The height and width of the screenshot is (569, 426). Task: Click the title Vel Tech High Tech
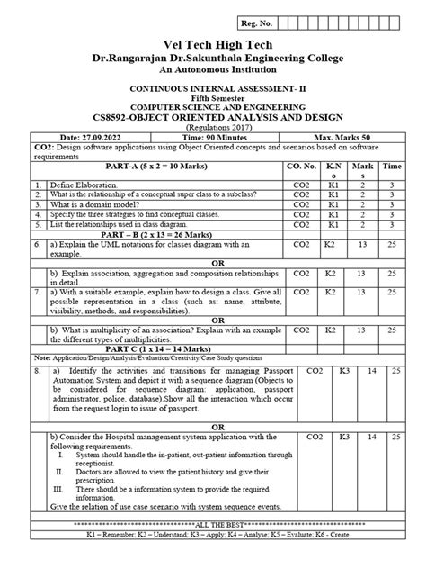point(212,46)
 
